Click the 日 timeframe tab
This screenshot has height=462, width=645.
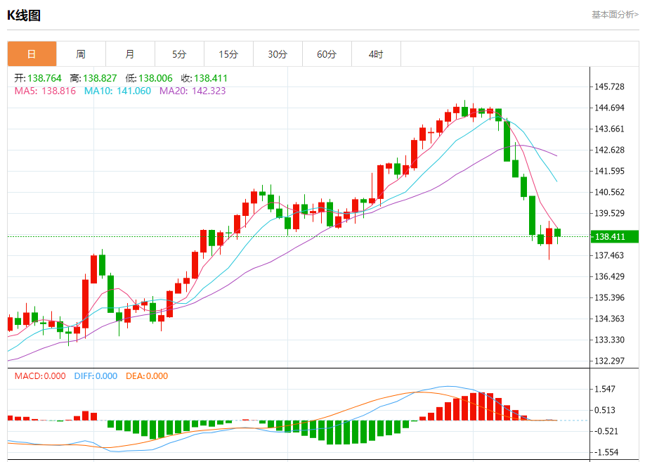(x=32, y=54)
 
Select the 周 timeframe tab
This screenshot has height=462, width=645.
(x=81, y=54)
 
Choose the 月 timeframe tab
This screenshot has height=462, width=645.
(x=130, y=54)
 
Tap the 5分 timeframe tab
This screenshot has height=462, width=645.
(x=179, y=54)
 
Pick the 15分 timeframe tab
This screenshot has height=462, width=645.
(x=228, y=54)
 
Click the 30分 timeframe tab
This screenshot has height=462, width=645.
(x=278, y=54)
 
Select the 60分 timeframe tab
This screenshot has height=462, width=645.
(x=327, y=54)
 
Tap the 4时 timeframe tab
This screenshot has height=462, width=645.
(x=376, y=54)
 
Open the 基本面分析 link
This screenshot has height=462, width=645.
(x=615, y=14)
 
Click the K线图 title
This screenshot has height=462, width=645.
(x=24, y=15)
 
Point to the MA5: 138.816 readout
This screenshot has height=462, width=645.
(x=45, y=91)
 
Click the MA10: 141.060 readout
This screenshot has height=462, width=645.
(x=117, y=91)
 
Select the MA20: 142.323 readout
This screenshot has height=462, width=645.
(x=193, y=91)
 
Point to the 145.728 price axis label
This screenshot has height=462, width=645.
(x=609, y=86)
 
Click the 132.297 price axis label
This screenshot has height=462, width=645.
(x=609, y=361)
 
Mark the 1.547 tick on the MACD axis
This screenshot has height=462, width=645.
(x=606, y=389)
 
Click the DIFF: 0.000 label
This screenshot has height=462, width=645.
(x=96, y=376)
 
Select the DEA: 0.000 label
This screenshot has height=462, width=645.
(x=147, y=376)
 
